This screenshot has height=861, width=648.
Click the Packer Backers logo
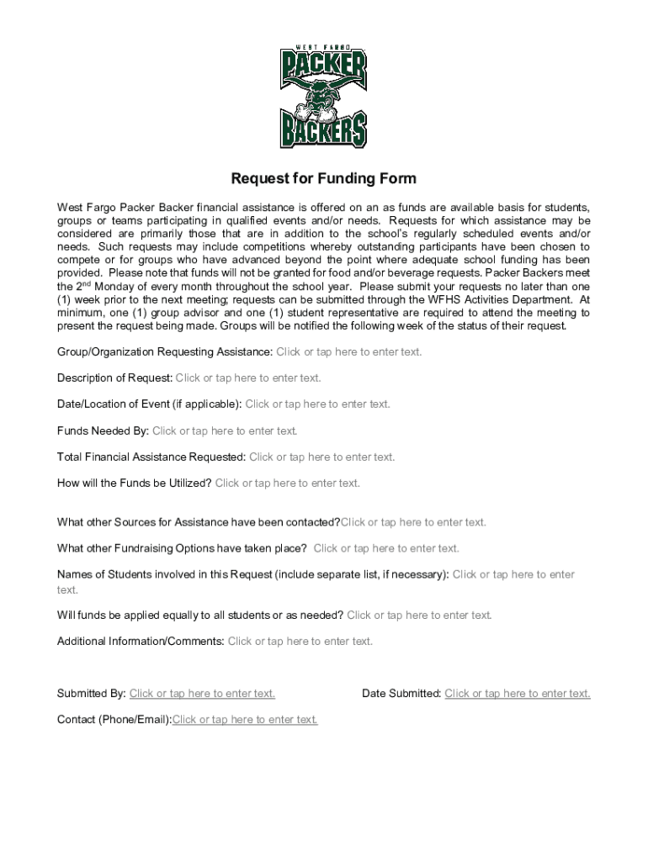[323, 97]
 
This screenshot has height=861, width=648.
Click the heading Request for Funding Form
[324, 179]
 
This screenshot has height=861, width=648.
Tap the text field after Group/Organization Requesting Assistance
[349, 351]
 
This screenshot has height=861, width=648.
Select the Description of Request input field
[248, 378]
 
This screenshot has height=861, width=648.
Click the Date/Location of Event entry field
[318, 404]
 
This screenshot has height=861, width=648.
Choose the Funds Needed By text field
[225, 431]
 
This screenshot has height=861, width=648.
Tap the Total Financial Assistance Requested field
[322, 457]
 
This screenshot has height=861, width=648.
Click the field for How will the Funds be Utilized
[288, 483]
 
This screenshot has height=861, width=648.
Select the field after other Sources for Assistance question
[413, 523]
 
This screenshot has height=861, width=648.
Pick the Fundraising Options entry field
[386, 549]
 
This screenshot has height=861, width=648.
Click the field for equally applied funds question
[419, 615]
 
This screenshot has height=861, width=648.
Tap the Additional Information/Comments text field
[300, 642]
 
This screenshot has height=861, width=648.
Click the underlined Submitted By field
[202, 694]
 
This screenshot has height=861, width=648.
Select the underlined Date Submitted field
[518, 694]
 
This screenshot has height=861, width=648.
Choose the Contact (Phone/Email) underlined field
[245, 720]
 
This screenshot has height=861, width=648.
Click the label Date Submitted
[401, 694]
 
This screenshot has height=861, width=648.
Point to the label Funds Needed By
[103, 431]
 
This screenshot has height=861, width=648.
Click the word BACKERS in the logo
[323, 131]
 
